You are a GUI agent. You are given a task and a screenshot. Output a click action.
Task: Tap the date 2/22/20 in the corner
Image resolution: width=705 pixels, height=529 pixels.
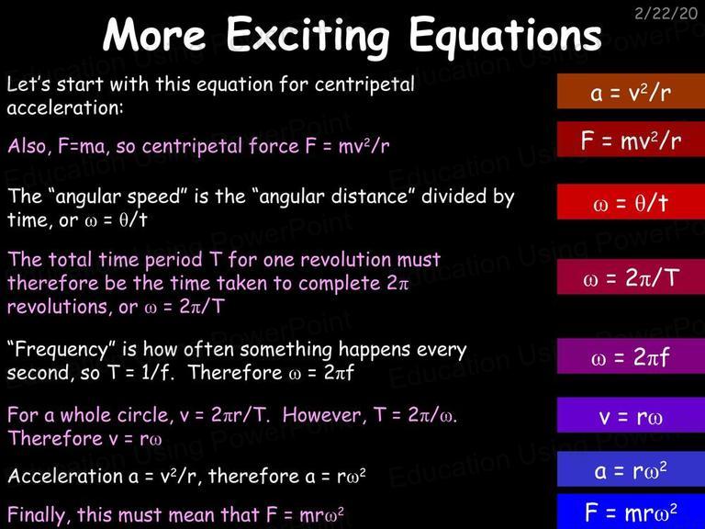click(666, 14)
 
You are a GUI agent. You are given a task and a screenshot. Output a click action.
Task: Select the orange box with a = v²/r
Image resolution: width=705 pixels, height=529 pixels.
click(631, 92)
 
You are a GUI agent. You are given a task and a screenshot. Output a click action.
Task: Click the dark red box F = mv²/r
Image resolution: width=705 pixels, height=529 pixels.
click(631, 140)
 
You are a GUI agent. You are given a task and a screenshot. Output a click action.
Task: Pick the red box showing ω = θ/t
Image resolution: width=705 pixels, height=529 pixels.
click(631, 202)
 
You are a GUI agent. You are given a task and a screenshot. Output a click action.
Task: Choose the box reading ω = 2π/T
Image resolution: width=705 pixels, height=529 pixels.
click(631, 277)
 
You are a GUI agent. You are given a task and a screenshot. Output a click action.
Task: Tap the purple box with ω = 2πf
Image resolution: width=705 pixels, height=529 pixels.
click(631, 356)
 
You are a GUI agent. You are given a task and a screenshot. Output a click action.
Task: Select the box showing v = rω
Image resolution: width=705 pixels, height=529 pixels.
click(631, 415)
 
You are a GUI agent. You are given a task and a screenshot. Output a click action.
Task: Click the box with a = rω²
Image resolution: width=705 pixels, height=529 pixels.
click(631, 469)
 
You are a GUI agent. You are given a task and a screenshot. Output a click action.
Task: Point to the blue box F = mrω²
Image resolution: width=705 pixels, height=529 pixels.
click(631, 512)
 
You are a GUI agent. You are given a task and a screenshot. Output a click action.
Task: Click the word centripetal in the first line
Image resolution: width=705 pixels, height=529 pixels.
click(364, 85)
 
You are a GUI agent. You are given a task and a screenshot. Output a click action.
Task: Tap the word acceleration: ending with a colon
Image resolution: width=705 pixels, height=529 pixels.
click(65, 108)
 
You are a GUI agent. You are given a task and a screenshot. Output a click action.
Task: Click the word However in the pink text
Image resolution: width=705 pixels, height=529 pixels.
click(322, 415)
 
